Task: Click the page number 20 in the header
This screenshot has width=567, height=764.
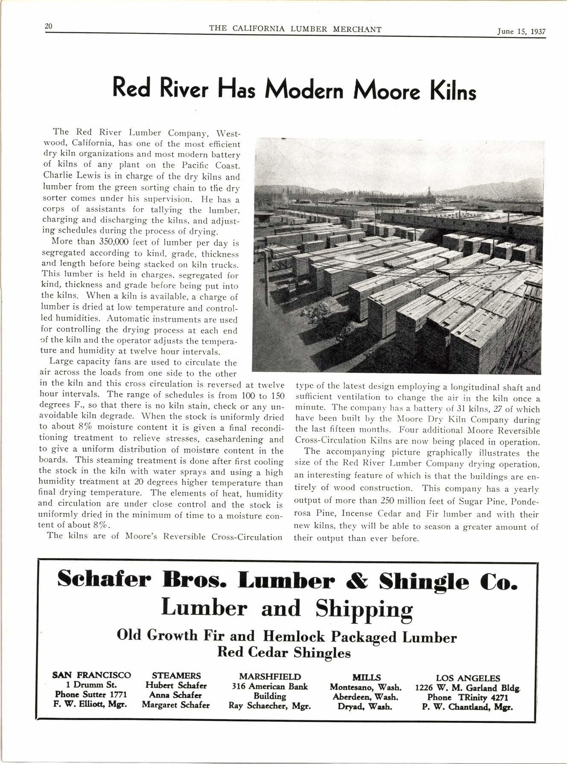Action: pyautogui.click(x=48, y=27)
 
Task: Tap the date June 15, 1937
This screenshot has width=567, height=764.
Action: pyautogui.click(x=521, y=31)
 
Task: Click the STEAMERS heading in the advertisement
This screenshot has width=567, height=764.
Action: pyautogui.click(x=176, y=676)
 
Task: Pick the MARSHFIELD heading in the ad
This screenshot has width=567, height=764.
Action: pyautogui.click(x=270, y=677)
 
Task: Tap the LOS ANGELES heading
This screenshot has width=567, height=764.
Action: pyautogui.click(x=468, y=678)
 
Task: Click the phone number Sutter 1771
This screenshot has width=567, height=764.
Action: pyautogui.click(x=104, y=695)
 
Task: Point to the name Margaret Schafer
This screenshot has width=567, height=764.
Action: pyautogui.click(x=176, y=705)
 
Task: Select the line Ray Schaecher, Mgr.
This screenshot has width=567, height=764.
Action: pyautogui.click(x=270, y=706)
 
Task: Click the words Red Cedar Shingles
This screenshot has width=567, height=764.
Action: pyautogui.click(x=284, y=652)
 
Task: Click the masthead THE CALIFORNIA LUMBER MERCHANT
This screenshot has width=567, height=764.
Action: pyautogui.click(x=295, y=29)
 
